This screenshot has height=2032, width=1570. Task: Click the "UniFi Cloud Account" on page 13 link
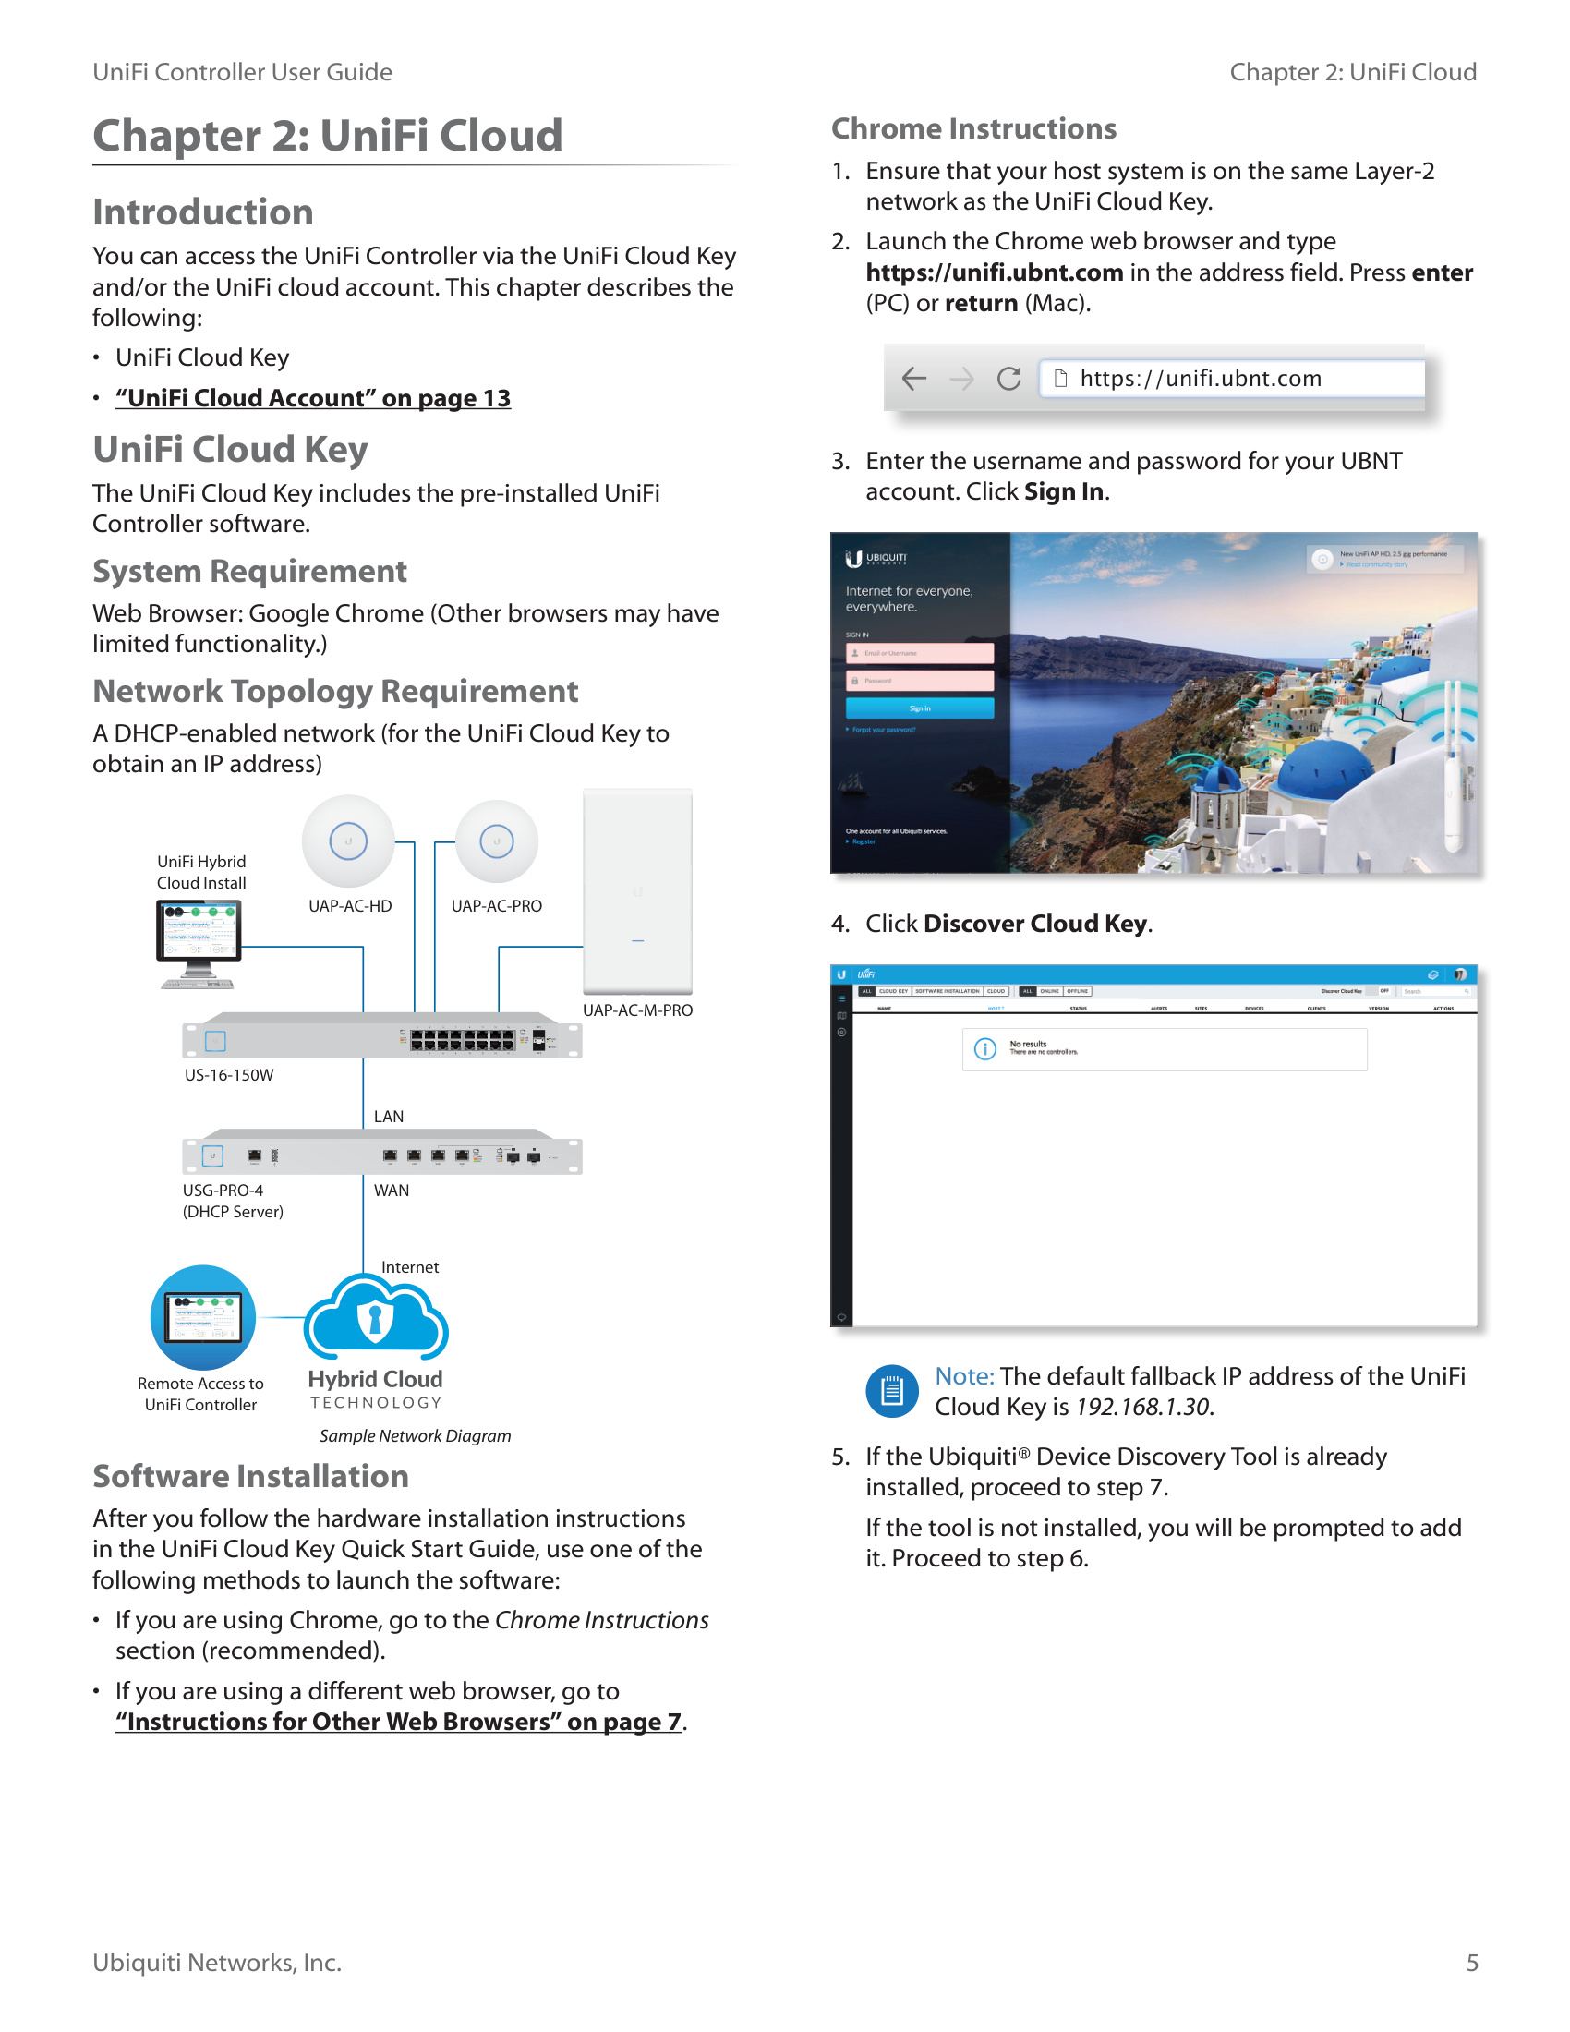point(312,398)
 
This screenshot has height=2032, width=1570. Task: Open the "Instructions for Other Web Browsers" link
point(398,1722)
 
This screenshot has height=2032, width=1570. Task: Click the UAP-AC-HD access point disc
point(349,841)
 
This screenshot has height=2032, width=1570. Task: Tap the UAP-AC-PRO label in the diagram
point(496,906)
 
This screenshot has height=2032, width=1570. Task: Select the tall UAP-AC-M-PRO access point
point(637,891)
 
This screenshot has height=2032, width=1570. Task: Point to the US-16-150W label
point(229,1075)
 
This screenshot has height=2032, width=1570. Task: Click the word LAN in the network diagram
point(389,1117)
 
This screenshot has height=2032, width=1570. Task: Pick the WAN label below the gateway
point(392,1191)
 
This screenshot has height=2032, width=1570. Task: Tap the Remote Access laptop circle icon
point(203,1317)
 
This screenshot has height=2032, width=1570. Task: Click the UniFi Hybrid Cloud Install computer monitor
point(199,939)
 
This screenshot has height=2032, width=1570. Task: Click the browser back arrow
point(914,379)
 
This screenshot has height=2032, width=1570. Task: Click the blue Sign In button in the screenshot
point(919,709)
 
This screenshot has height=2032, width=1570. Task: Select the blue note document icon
point(892,1391)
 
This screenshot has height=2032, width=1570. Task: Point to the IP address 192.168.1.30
point(1144,1408)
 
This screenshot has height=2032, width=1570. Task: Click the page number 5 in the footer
point(1471,1963)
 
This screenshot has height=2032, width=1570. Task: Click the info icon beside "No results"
point(985,1049)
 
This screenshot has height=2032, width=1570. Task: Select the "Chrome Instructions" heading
point(973,128)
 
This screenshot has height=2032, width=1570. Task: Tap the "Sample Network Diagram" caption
point(415,1435)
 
